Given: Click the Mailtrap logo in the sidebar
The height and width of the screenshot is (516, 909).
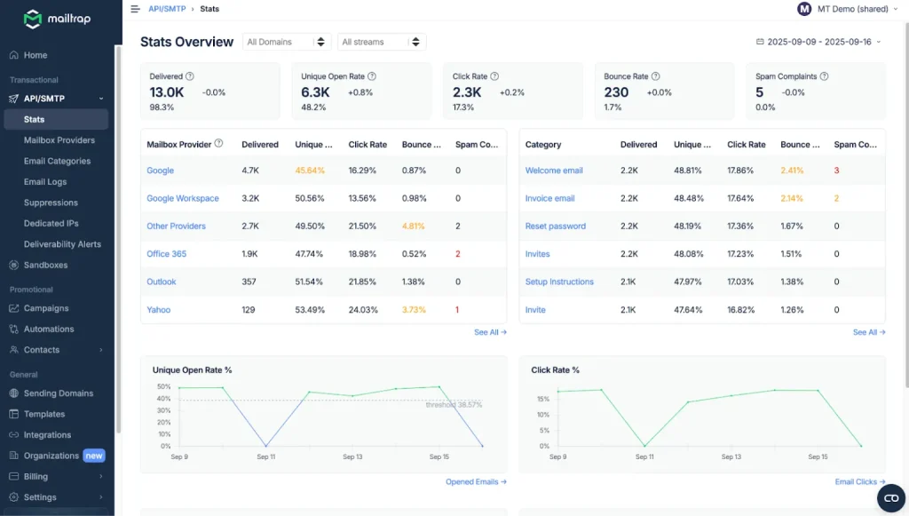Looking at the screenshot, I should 57,19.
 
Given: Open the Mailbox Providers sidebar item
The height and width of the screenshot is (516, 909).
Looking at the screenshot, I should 59,140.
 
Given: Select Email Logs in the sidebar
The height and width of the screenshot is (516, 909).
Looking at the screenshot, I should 45,182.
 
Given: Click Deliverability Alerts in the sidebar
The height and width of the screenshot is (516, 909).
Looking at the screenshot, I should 62,244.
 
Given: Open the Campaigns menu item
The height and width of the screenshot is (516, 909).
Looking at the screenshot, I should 46,308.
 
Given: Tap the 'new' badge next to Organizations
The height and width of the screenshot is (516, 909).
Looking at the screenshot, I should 94,456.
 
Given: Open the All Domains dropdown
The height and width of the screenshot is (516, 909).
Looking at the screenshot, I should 287,42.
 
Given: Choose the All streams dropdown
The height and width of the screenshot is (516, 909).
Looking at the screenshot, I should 382,42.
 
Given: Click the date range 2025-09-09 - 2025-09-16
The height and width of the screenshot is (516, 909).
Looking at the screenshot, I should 818,42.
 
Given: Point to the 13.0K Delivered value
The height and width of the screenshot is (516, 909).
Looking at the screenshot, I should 167,92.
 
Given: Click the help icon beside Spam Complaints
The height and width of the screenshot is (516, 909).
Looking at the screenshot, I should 825,76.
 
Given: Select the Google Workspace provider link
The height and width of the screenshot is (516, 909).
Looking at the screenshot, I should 182,198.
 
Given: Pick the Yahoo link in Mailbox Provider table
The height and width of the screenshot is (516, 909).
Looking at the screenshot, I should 158,310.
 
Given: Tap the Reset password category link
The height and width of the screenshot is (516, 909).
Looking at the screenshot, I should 555,226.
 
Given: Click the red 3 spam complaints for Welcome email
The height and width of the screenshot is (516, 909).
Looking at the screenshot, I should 836,171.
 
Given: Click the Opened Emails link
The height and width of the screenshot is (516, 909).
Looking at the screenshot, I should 476,482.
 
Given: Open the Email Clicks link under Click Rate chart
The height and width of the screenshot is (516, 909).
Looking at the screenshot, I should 859,482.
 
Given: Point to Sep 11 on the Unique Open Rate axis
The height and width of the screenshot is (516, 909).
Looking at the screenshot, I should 266,456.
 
